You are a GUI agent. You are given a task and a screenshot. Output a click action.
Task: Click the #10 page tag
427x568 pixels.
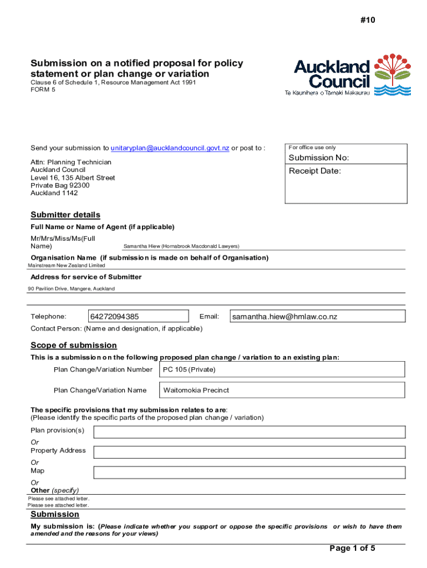pyautogui.click(x=367, y=20)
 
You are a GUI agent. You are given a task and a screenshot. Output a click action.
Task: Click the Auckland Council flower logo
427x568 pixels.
pyautogui.click(x=393, y=75)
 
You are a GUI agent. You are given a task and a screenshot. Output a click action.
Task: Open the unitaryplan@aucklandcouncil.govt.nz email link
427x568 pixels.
pyautogui.click(x=170, y=148)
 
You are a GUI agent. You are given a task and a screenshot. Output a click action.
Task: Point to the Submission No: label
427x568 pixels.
pyautogui.click(x=319, y=158)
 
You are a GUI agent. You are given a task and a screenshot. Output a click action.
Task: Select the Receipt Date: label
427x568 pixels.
pyautogui.click(x=314, y=171)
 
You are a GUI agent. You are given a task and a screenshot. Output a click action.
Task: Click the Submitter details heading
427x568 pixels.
pyautogui.click(x=65, y=215)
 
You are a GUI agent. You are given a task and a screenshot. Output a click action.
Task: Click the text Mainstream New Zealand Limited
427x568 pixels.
pyautogui.click(x=67, y=266)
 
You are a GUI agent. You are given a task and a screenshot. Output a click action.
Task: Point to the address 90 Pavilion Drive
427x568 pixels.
pyautogui.click(x=72, y=289)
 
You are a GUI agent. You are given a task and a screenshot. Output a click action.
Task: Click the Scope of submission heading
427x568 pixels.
pyautogui.click(x=74, y=345)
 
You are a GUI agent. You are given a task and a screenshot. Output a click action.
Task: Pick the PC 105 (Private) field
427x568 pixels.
pyautogui.click(x=282, y=369)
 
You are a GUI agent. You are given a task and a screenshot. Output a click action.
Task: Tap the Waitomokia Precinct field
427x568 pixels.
pyautogui.click(x=282, y=390)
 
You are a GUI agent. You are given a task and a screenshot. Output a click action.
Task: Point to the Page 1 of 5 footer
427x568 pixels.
pyautogui.click(x=353, y=549)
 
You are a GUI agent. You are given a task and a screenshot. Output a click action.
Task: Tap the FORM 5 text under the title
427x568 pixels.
pyautogui.click(x=43, y=89)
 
